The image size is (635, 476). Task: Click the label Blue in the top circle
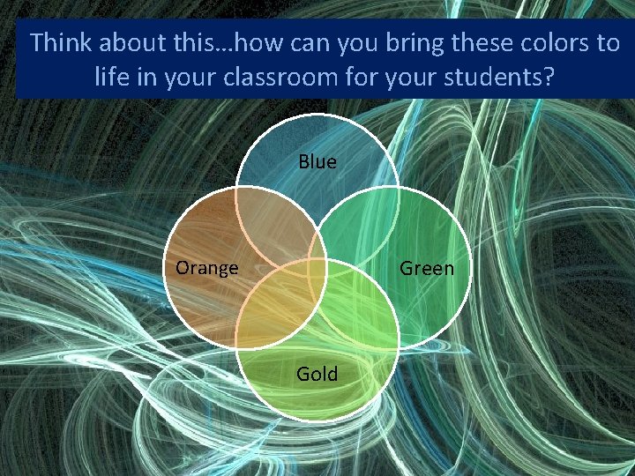pyautogui.click(x=317, y=162)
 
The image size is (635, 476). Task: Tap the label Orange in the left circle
pyautogui.click(x=206, y=268)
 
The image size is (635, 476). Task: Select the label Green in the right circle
pyautogui.click(x=427, y=268)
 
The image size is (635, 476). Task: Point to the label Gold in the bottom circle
pyautogui.click(x=317, y=374)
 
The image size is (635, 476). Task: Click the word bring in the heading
pyautogui.click(x=400, y=43)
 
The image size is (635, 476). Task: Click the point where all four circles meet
pyautogui.click(x=317, y=264)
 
